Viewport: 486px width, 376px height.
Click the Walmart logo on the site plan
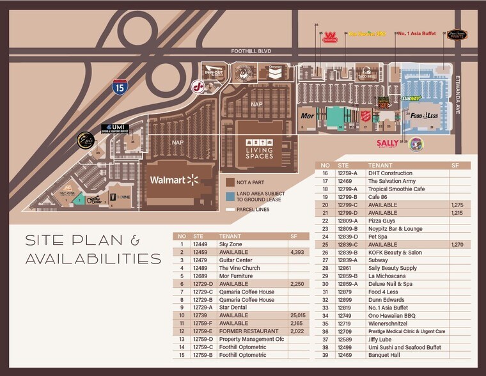[x=175, y=180]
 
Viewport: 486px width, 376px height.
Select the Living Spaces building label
[x=259, y=148]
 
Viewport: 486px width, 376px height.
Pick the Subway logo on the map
[x=411, y=98]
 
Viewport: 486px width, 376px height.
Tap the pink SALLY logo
[x=388, y=143]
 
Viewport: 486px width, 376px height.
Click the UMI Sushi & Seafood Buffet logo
[x=115, y=128]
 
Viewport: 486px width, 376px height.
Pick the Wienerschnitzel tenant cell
[x=388, y=324]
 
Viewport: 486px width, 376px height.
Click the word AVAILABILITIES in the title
[x=93, y=259]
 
